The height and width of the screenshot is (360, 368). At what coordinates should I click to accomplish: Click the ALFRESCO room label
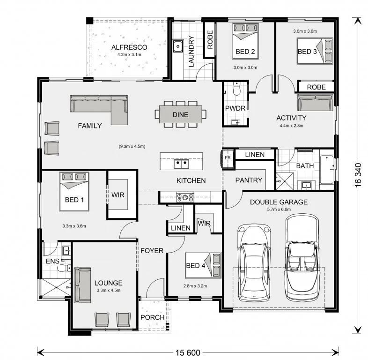pyautogui.click(x=129, y=47)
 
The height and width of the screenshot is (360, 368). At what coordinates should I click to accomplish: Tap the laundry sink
pyautogui.click(x=178, y=46)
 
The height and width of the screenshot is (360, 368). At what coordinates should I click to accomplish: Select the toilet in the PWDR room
pyautogui.click(x=236, y=89)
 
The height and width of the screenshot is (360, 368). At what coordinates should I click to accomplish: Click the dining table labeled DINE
pyautogui.click(x=180, y=114)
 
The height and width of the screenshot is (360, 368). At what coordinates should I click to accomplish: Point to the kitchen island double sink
pyautogui.click(x=181, y=164)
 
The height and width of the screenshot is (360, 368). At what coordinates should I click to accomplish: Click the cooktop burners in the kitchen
pyautogui.click(x=185, y=197)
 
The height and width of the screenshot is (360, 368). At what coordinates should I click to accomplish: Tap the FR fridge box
pyautogui.click(x=228, y=158)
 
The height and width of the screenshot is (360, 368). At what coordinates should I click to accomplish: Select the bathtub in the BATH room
pyautogui.click(x=327, y=169)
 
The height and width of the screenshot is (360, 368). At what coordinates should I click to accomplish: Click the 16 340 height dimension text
pyautogui.click(x=358, y=175)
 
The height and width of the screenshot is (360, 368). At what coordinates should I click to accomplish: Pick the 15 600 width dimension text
pyautogui.click(x=188, y=352)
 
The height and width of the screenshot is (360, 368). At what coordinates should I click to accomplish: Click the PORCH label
pyautogui.click(x=152, y=317)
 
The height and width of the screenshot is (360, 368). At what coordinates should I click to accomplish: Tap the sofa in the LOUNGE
pyautogui.click(x=82, y=285)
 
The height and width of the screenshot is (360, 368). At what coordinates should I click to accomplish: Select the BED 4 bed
pyautogui.click(x=203, y=265)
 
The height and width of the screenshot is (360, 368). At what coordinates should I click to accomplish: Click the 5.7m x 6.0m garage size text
pyautogui.click(x=279, y=210)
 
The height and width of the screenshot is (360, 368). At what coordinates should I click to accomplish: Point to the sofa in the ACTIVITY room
pyautogui.click(x=315, y=102)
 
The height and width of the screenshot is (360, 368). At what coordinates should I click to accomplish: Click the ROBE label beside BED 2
pyautogui.click(x=210, y=39)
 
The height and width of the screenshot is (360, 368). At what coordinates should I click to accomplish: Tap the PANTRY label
pyautogui.click(x=249, y=180)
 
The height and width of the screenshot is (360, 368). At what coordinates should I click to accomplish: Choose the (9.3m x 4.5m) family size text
pyautogui.click(x=132, y=146)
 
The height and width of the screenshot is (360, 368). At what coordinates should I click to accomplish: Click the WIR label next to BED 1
pyautogui.click(x=118, y=195)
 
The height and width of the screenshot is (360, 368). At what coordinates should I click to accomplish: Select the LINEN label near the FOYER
pyautogui.click(x=180, y=228)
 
